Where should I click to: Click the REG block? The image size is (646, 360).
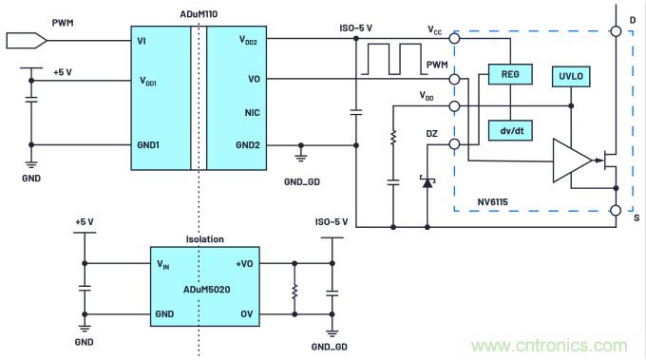[509, 72]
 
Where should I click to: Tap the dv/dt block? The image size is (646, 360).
[509, 130]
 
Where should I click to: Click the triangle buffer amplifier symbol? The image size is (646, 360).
[570, 161]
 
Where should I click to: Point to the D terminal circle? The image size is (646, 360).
[616, 31]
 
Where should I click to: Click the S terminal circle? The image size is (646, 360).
[616, 210]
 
